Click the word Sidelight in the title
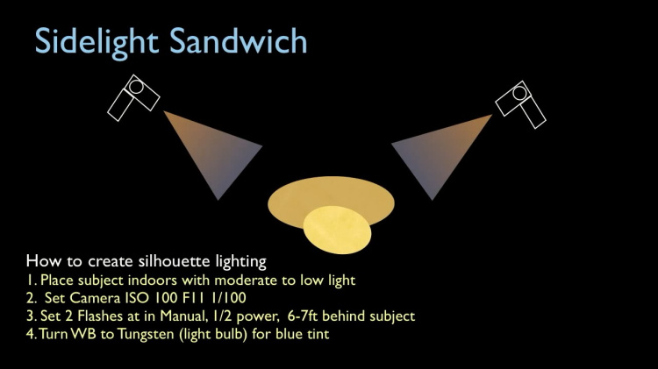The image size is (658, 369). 97,41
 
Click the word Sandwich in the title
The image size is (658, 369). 239,40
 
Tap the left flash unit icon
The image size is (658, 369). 133,97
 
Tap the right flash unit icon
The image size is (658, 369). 521,104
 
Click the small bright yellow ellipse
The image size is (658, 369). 337,230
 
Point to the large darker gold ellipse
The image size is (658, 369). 331,196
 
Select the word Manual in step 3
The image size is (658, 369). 183,316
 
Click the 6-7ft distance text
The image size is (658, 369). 303,316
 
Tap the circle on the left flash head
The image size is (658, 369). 136,87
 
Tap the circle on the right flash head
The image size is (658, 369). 519,93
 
